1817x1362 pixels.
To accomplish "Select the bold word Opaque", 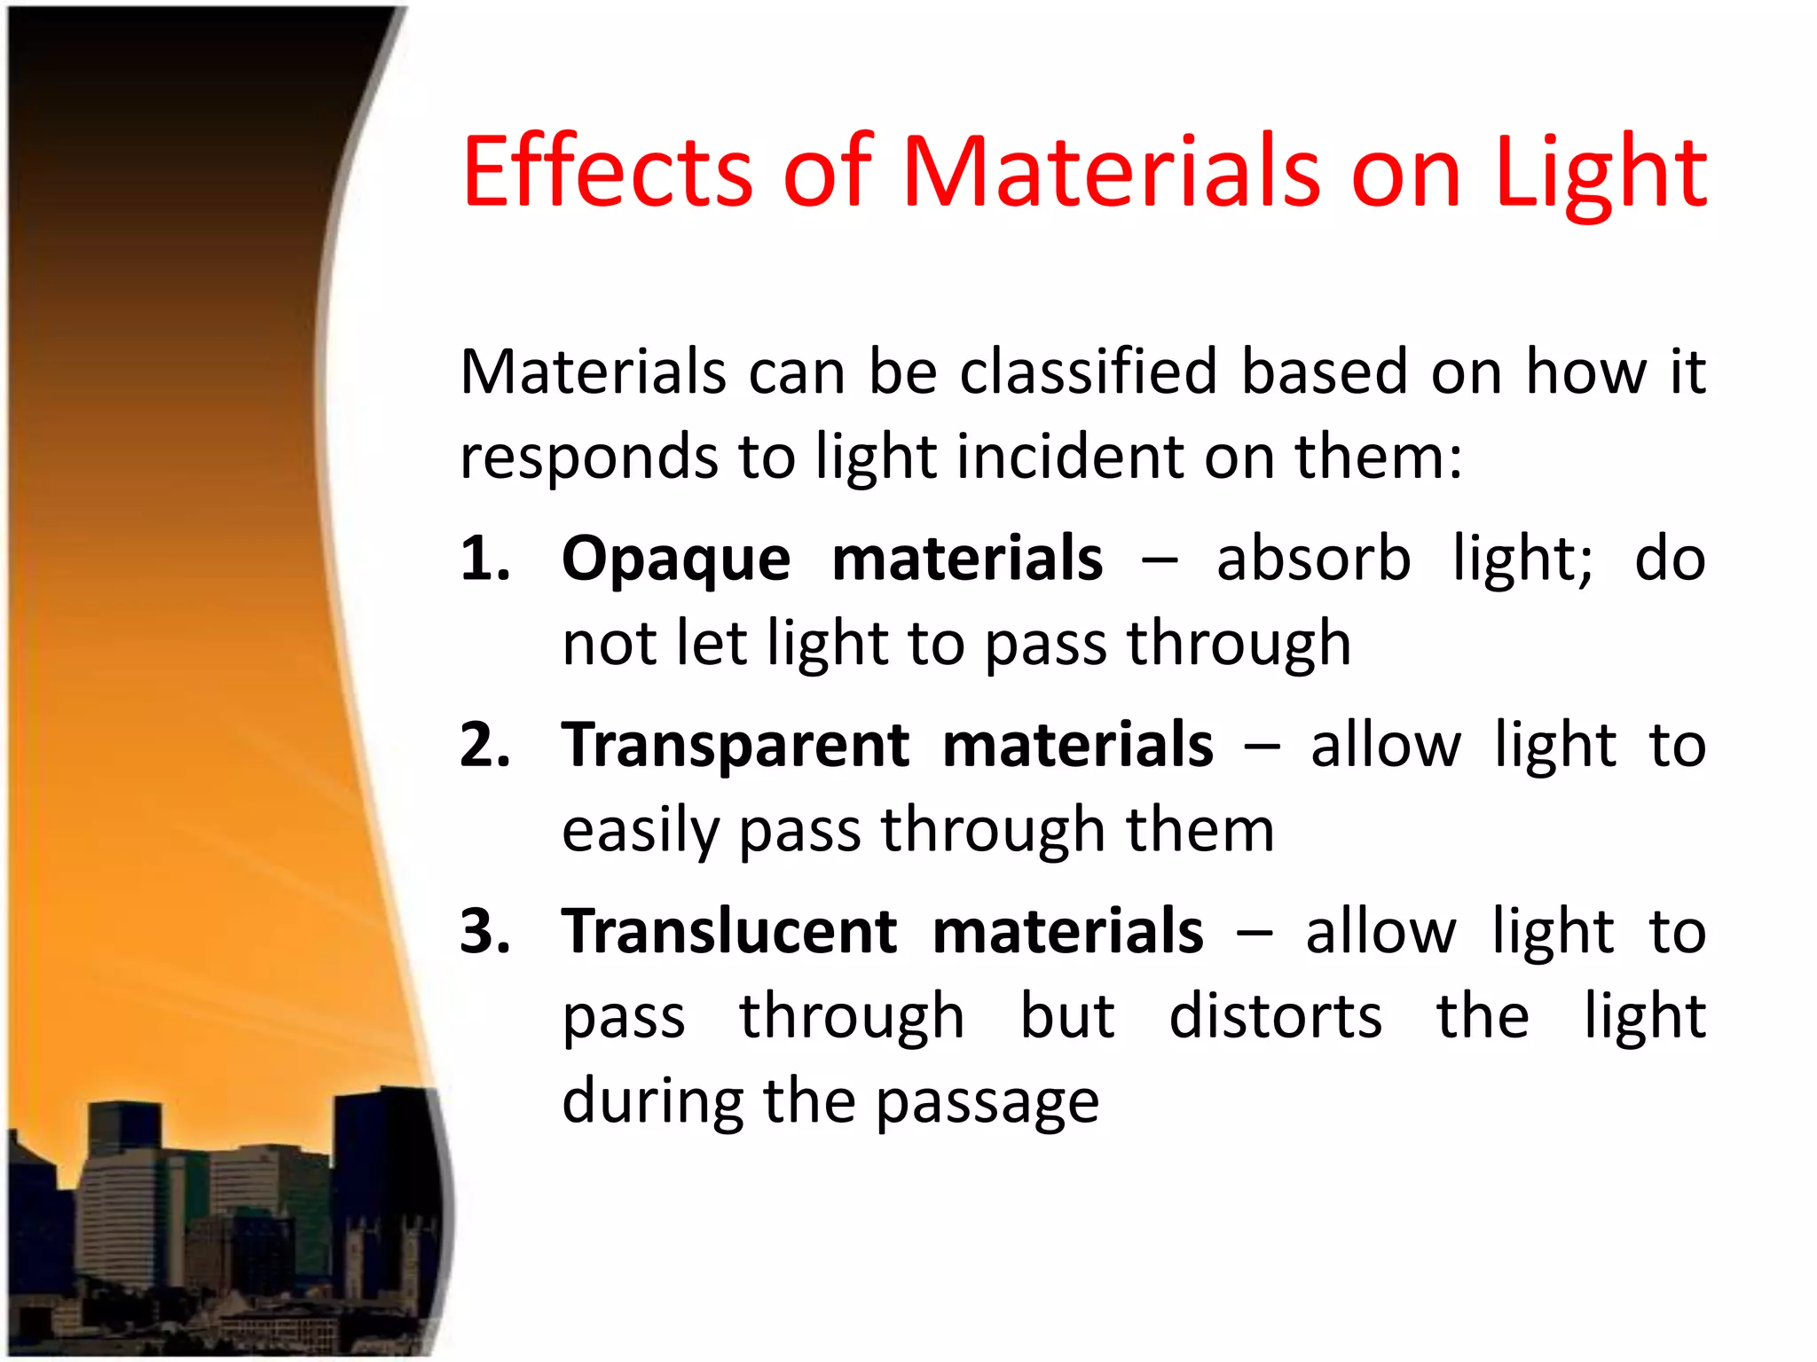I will pyautogui.click(x=676, y=560).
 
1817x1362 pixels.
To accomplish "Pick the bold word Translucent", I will pyautogui.click(x=730, y=931).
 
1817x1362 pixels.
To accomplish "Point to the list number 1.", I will pyautogui.click(x=484, y=559).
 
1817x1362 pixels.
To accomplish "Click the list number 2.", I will pyautogui.click(x=485, y=745).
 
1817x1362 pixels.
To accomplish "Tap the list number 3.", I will pyautogui.click(x=485, y=931).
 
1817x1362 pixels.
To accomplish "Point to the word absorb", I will pyautogui.click(x=1313, y=559).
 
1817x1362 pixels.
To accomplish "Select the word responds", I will pyautogui.click(x=588, y=458).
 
